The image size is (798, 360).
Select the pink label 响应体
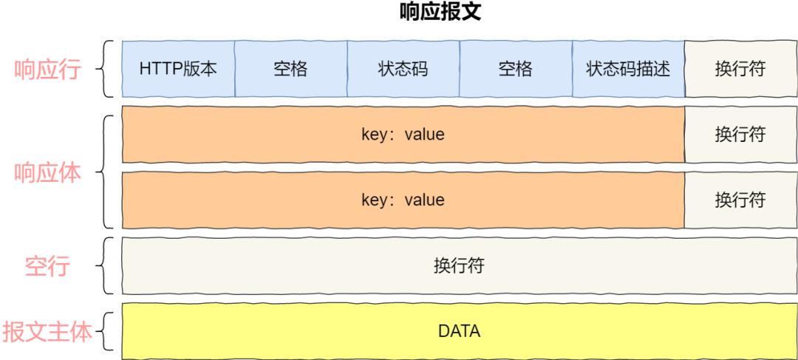point(48,172)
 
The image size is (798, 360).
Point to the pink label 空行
point(47,265)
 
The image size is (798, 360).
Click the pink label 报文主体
point(48,331)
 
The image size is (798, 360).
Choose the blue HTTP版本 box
point(177,69)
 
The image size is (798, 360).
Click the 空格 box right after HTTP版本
point(290,69)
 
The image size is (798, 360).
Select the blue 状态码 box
point(403,69)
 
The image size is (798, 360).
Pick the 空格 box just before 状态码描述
point(515,69)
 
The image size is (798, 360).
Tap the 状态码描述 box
point(628,69)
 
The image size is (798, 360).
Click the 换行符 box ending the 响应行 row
point(740,69)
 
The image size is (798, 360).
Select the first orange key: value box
point(403,135)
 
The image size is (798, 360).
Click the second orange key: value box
point(403,200)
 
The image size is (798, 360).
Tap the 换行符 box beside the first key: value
point(740,135)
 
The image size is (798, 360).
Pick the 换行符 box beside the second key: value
point(740,200)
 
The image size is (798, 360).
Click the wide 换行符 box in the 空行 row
point(458,265)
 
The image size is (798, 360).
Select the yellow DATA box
point(458,330)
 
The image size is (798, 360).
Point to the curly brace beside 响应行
point(107,69)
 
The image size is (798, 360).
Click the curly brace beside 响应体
point(107,171)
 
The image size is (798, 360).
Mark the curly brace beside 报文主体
point(106,331)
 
